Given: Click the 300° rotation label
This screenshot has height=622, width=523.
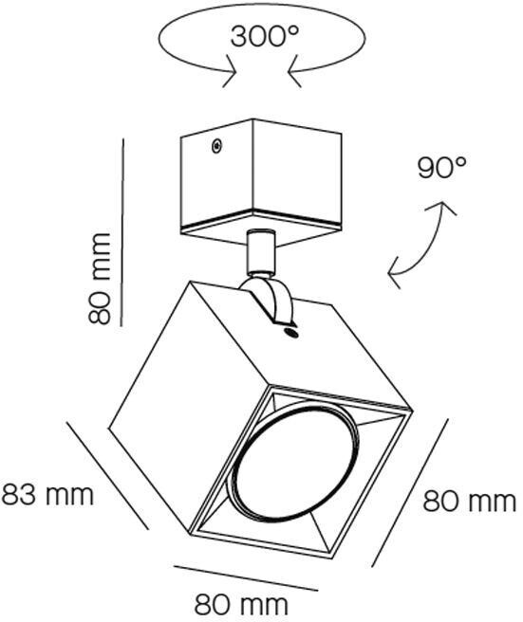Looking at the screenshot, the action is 264,36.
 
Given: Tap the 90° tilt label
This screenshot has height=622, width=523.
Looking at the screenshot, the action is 441,168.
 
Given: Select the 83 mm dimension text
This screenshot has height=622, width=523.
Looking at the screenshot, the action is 47,494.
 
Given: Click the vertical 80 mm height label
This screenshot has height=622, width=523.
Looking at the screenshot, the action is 100,279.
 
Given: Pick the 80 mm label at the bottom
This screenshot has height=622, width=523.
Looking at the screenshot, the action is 241,605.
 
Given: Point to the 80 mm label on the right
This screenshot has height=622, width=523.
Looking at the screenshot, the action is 470,501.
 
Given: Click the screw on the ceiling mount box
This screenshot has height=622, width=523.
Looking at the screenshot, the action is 216,146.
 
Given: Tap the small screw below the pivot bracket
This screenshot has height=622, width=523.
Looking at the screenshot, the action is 290,333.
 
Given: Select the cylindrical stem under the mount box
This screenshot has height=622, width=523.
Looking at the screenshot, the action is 260,252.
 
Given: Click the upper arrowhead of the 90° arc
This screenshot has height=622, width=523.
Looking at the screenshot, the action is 441,207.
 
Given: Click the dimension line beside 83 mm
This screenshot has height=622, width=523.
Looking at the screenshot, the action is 107,475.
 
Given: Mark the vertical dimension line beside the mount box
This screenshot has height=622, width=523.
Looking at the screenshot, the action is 122,232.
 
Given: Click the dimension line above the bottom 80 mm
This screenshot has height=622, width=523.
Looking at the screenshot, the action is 246,578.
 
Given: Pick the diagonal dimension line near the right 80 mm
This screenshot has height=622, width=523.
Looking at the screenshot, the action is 410,492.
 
